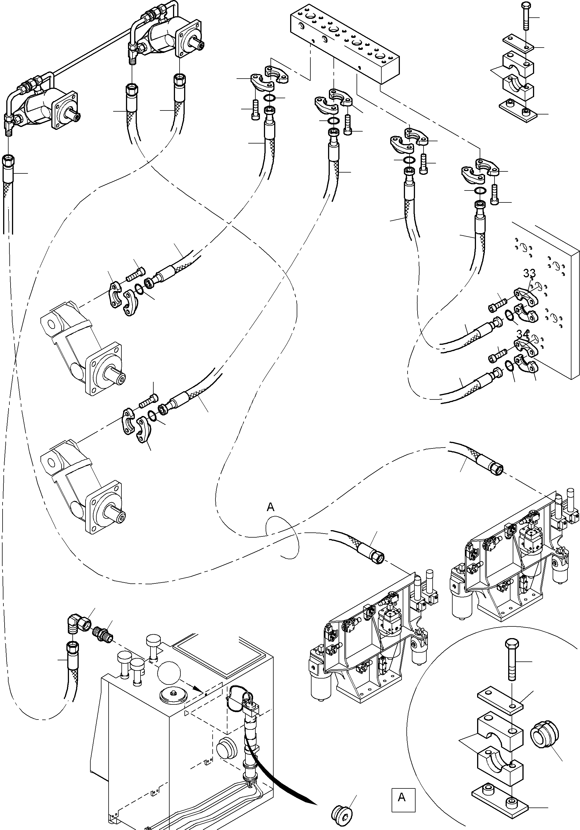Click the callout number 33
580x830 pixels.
(x=529, y=273)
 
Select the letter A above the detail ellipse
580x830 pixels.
(x=271, y=507)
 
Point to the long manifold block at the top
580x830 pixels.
(x=345, y=44)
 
